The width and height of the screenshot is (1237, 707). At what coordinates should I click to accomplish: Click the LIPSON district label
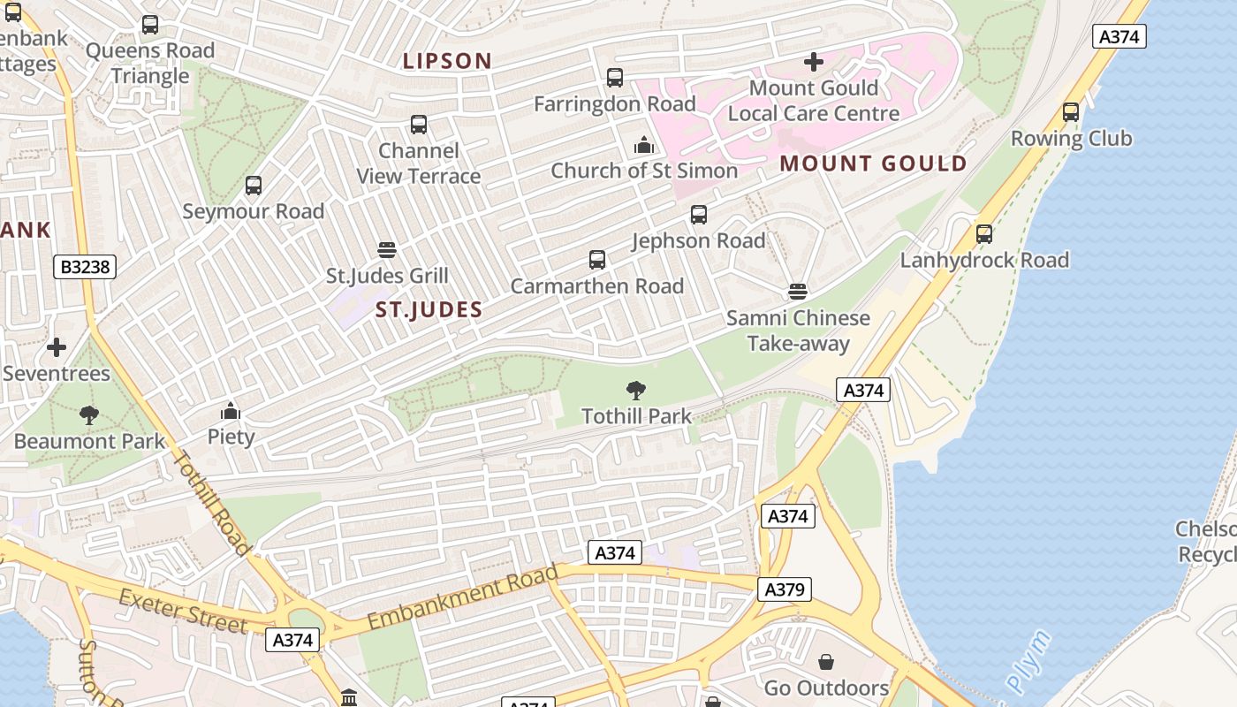click(x=447, y=61)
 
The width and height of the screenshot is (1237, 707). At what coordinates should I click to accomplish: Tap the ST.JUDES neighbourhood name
click(x=429, y=309)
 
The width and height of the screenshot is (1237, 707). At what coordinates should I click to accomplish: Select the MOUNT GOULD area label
click(x=873, y=163)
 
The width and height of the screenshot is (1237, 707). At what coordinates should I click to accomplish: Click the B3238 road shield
click(x=85, y=267)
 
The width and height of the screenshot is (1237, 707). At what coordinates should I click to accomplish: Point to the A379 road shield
click(x=784, y=589)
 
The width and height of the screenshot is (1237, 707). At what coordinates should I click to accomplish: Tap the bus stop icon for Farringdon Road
click(x=615, y=78)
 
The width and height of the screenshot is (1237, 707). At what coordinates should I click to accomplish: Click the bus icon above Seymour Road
click(x=254, y=186)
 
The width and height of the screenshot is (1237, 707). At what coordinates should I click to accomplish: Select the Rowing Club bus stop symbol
click(x=1071, y=112)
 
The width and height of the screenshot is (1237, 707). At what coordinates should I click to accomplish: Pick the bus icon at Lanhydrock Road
click(x=984, y=234)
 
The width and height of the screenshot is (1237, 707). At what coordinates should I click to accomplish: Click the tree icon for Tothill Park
click(x=635, y=390)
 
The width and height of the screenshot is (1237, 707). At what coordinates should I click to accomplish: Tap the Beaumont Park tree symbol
click(x=88, y=414)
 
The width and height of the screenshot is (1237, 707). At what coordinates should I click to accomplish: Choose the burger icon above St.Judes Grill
click(x=386, y=250)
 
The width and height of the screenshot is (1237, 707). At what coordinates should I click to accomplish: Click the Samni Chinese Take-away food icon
click(x=798, y=292)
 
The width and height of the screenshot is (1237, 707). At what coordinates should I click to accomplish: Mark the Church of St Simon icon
click(x=644, y=145)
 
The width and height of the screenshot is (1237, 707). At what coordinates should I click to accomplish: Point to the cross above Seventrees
click(x=57, y=347)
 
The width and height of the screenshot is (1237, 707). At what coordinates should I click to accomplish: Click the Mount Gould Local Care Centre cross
click(x=814, y=62)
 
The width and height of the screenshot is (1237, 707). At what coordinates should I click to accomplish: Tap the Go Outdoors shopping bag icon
click(x=826, y=662)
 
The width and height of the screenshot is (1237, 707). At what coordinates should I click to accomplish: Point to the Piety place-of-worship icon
click(x=231, y=411)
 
